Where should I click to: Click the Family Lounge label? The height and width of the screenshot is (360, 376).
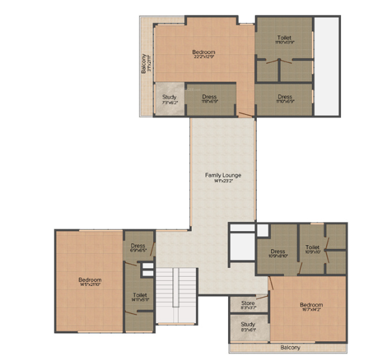pos(222,175)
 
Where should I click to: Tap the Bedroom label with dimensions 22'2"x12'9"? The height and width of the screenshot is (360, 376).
pos(204,52)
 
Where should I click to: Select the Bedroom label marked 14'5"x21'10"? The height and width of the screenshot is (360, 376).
pos(89,280)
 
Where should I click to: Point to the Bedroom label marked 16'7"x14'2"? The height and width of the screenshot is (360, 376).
pos(311,305)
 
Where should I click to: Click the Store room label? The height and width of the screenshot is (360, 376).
pos(248,303)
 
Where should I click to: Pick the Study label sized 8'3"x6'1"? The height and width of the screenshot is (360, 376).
pos(248,324)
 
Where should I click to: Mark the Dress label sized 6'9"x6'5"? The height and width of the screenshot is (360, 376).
pos(137,246)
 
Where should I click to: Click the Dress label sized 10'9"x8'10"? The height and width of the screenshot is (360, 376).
pos(278,252)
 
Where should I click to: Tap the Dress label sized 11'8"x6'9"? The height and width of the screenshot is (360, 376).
pos(209,98)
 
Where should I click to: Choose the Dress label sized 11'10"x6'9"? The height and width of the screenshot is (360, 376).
pos(284,98)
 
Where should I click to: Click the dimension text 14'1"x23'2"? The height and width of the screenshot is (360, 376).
pos(222,182)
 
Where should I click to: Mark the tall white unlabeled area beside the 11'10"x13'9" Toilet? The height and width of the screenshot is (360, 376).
pos(327,65)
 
